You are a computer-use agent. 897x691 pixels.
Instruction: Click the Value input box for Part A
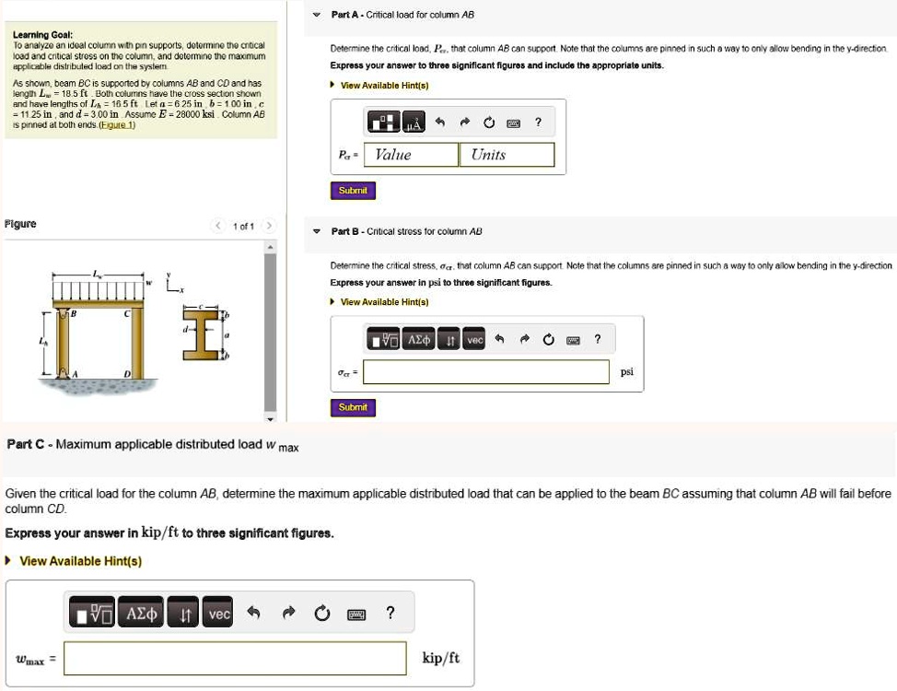412,155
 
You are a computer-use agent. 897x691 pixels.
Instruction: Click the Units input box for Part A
507,155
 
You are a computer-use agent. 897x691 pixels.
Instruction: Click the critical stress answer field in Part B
487,372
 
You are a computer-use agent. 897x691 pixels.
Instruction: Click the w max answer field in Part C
235,658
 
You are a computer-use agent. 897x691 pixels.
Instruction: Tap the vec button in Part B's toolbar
474,340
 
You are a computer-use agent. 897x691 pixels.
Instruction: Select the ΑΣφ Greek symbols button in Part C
143,614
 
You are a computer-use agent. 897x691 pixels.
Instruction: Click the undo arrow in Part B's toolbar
499,340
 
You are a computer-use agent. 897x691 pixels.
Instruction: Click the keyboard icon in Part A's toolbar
514,122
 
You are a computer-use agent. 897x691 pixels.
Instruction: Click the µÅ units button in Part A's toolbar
414,122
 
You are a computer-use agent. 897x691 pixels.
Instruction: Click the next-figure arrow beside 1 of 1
268,226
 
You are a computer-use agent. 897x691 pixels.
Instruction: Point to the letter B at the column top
75,313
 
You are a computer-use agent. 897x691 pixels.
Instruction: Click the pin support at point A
64,373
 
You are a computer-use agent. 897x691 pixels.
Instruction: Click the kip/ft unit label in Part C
440,658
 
